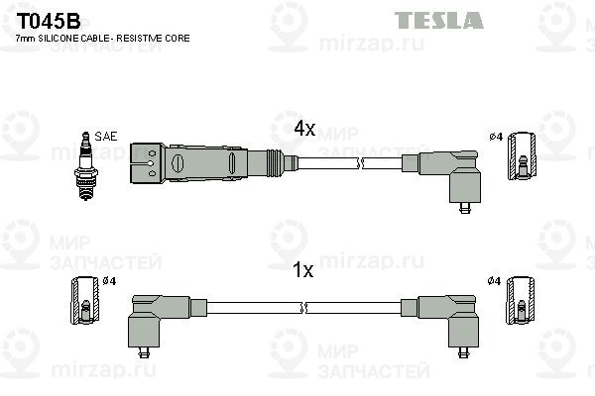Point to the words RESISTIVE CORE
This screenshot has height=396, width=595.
tap(158, 38)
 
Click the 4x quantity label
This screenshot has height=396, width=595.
tap(304, 129)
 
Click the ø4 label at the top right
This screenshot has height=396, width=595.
tap(495, 136)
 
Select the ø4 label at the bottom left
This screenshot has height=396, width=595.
tap(109, 281)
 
